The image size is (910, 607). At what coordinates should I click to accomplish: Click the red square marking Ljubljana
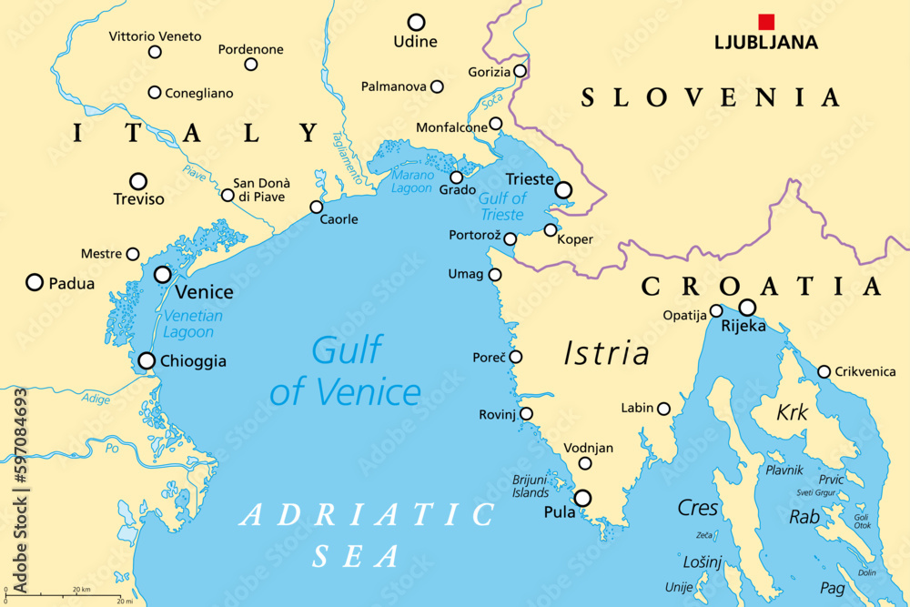pyautogui.click(x=766, y=22)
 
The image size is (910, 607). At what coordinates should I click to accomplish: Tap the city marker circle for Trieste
pyautogui.click(x=563, y=190)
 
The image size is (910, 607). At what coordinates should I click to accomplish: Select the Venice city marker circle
pyautogui.click(x=163, y=274)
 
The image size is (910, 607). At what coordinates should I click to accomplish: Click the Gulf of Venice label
pyautogui.click(x=346, y=371)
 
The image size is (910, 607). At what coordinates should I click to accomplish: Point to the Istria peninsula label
pyautogui.click(x=606, y=352)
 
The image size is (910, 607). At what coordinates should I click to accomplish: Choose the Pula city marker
pyautogui.click(x=582, y=498)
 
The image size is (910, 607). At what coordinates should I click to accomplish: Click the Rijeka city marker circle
pyautogui.click(x=747, y=308)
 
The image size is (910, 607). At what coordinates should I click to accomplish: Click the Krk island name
pyautogui.click(x=792, y=413)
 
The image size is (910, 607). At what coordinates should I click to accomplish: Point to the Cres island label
pyautogui.click(x=698, y=508)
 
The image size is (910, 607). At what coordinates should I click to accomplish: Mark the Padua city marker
pyautogui.click(x=35, y=282)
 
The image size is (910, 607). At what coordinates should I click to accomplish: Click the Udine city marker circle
pyautogui.click(x=416, y=22)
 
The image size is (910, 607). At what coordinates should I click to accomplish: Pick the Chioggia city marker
pyautogui.click(x=147, y=360)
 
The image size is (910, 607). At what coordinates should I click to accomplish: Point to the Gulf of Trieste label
pyautogui.click(x=502, y=207)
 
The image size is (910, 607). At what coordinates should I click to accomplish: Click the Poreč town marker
pyautogui.click(x=516, y=356)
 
